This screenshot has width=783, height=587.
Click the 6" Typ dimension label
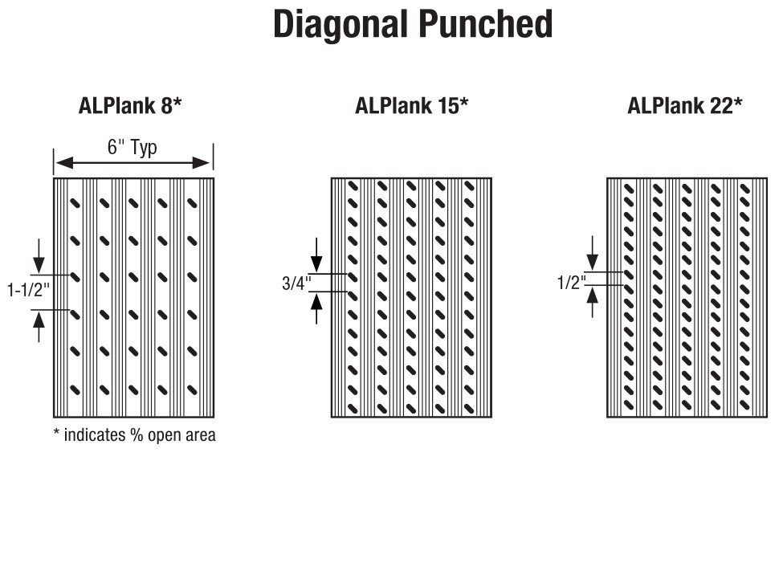tap(133, 148)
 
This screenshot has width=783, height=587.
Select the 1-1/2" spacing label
tap(27, 291)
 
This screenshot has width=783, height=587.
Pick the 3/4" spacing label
tap(296, 283)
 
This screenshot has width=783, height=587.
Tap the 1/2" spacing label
tap(572, 283)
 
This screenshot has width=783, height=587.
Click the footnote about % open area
tap(134, 436)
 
